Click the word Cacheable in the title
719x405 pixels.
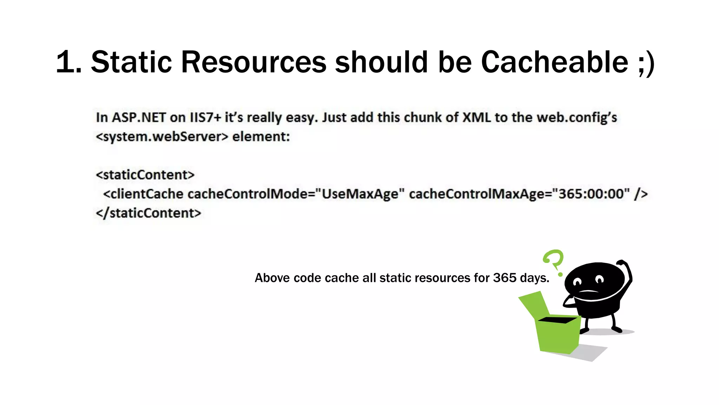pyautogui.click(x=554, y=62)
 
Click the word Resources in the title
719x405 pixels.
pyautogui.click(x=253, y=62)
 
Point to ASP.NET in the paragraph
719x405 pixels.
pyautogui.click(x=139, y=117)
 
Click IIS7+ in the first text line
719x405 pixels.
pyautogui.click(x=205, y=117)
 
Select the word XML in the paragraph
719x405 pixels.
pyautogui.click(x=476, y=117)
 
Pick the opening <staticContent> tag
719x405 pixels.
pyautogui.click(x=145, y=175)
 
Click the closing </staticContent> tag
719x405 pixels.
pyautogui.click(x=148, y=213)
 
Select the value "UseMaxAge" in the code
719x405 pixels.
pyautogui.click(x=360, y=194)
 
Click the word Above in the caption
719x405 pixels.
pyautogui.click(x=272, y=278)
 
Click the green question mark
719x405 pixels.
pyautogui.click(x=554, y=262)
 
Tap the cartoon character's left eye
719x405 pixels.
pyautogui.click(x=577, y=282)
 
